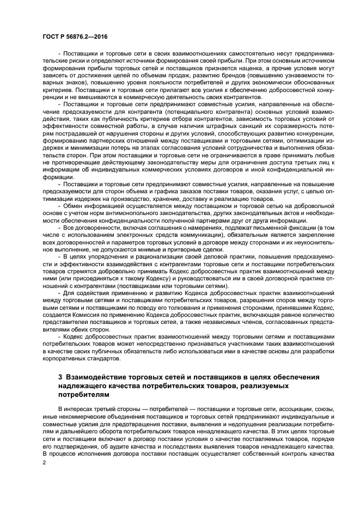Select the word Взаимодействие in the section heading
click(x=96, y=377)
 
